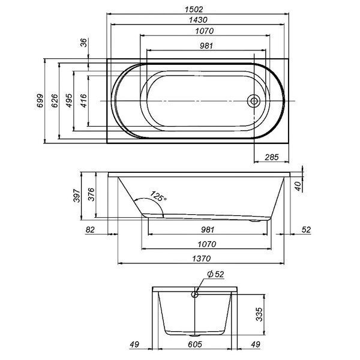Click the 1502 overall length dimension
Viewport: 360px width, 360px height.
[x=194, y=10]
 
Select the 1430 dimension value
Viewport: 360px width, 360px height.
[x=198, y=20]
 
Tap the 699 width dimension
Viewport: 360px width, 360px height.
[x=40, y=101]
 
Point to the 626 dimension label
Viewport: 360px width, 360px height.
[x=55, y=101]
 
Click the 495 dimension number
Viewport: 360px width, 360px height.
[x=69, y=101]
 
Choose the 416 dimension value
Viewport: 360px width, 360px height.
[x=83, y=101]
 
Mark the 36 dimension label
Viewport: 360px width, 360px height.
[x=84, y=43]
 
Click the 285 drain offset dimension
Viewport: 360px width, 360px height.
[x=272, y=157]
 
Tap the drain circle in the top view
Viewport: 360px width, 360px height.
[x=254, y=101]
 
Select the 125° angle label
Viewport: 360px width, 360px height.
[x=158, y=196]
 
